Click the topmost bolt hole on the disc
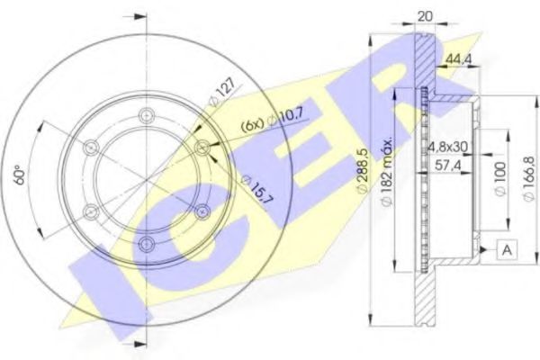[x=147, y=114]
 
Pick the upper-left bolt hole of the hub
[x=90, y=147]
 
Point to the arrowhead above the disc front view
[x=138, y=16]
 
